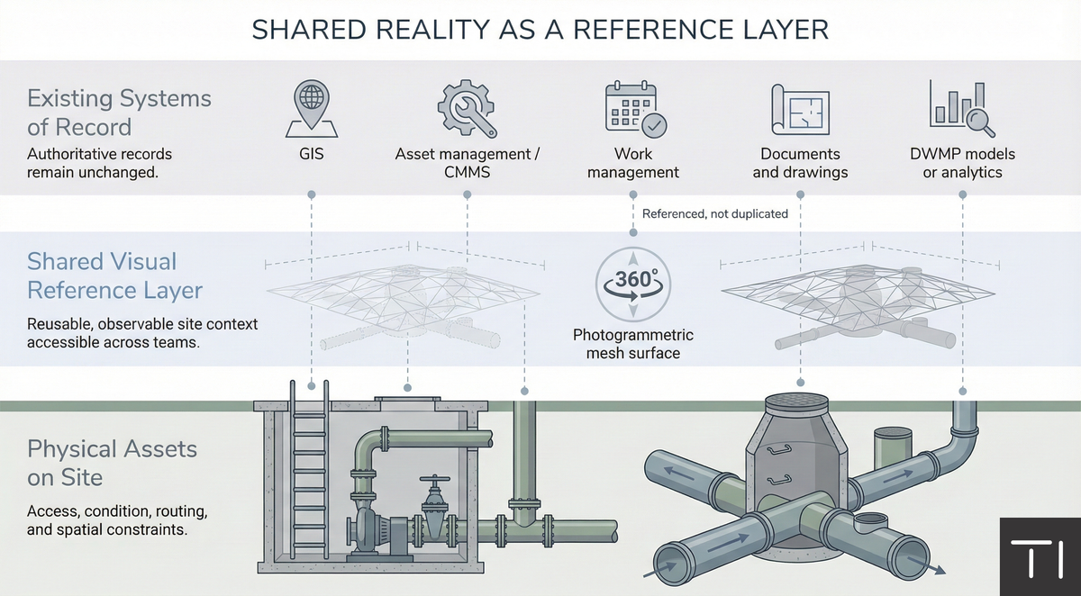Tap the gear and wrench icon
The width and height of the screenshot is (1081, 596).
coord(467,107)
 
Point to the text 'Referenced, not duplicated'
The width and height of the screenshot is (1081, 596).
coord(714,214)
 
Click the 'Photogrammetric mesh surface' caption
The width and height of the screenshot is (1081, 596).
coord(633,344)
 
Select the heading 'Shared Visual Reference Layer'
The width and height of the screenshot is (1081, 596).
coord(114,275)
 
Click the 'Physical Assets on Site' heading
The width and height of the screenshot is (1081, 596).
coord(112,462)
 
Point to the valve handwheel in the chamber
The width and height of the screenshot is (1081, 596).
coord(438,482)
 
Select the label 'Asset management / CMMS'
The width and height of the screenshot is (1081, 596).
coord(467,163)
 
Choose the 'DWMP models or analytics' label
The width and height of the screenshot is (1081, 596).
coord(962,163)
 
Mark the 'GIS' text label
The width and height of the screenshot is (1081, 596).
coord(311,155)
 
